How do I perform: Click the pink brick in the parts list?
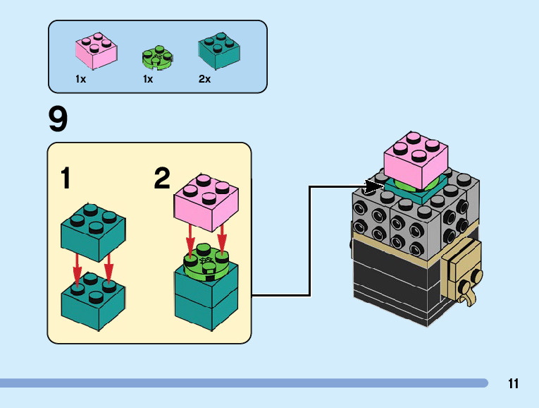(97, 52)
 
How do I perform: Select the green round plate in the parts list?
(159, 57)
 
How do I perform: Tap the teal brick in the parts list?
(218, 51)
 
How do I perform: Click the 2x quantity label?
(204, 80)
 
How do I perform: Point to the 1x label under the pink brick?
(81, 80)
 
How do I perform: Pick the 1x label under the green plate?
(148, 80)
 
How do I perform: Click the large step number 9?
(58, 119)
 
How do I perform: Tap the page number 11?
(513, 384)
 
